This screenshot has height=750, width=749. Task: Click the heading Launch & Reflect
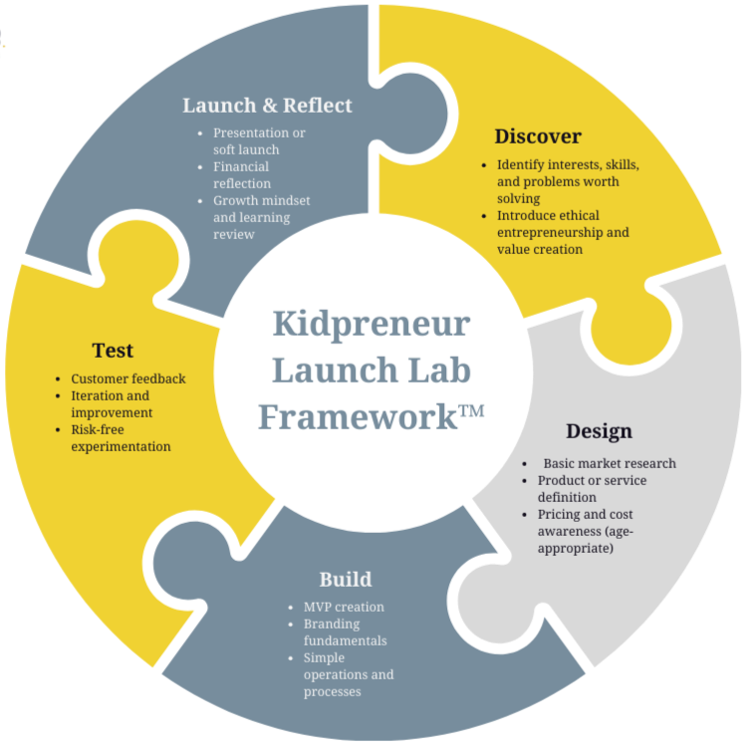(x=267, y=106)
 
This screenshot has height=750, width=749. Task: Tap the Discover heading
(x=538, y=136)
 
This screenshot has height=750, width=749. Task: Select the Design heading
(x=599, y=431)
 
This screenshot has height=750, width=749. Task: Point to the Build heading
(x=346, y=580)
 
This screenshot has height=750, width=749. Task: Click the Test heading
(x=113, y=351)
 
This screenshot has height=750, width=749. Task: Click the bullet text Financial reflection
(x=242, y=175)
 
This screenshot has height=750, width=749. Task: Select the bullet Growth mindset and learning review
(x=261, y=217)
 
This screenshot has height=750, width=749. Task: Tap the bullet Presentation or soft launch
(x=259, y=141)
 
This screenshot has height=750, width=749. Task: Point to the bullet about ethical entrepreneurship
(x=563, y=232)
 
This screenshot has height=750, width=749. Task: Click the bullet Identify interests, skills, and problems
(x=567, y=181)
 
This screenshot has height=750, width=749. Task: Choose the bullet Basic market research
(x=609, y=463)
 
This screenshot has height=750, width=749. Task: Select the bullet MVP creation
(x=344, y=607)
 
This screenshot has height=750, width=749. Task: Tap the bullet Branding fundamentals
(x=345, y=632)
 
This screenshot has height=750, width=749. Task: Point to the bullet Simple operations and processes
(x=348, y=675)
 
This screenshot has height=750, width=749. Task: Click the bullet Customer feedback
(x=127, y=378)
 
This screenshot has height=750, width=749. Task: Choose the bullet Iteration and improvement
(x=111, y=404)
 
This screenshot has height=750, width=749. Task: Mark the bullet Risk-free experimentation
(x=121, y=438)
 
